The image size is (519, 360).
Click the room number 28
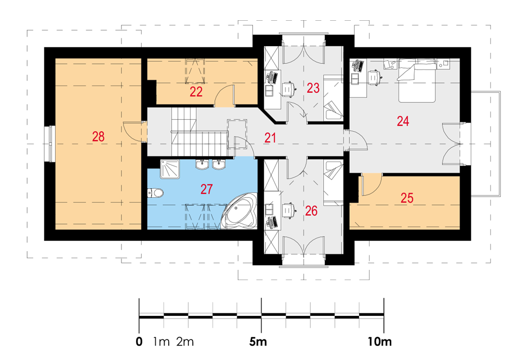tap(98, 136)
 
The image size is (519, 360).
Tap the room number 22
tap(196, 92)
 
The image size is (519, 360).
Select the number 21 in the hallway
tap(270, 137)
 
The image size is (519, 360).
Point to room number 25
tap(407, 198)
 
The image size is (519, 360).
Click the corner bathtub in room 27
tap(239, 212)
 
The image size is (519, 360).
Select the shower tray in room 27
tap(170, 169)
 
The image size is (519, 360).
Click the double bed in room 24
tap(416, 80)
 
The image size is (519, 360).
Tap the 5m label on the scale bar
tap(258, 341)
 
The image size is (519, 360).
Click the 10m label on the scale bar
tap(380, 341)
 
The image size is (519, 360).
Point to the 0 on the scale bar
tap(139, 341)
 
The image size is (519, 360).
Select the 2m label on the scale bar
tap(185, 341)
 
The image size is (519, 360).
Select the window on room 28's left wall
tap(49, 144)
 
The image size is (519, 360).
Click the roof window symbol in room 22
tap(195, 71)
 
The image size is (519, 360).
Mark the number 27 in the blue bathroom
tap(207, 189)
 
